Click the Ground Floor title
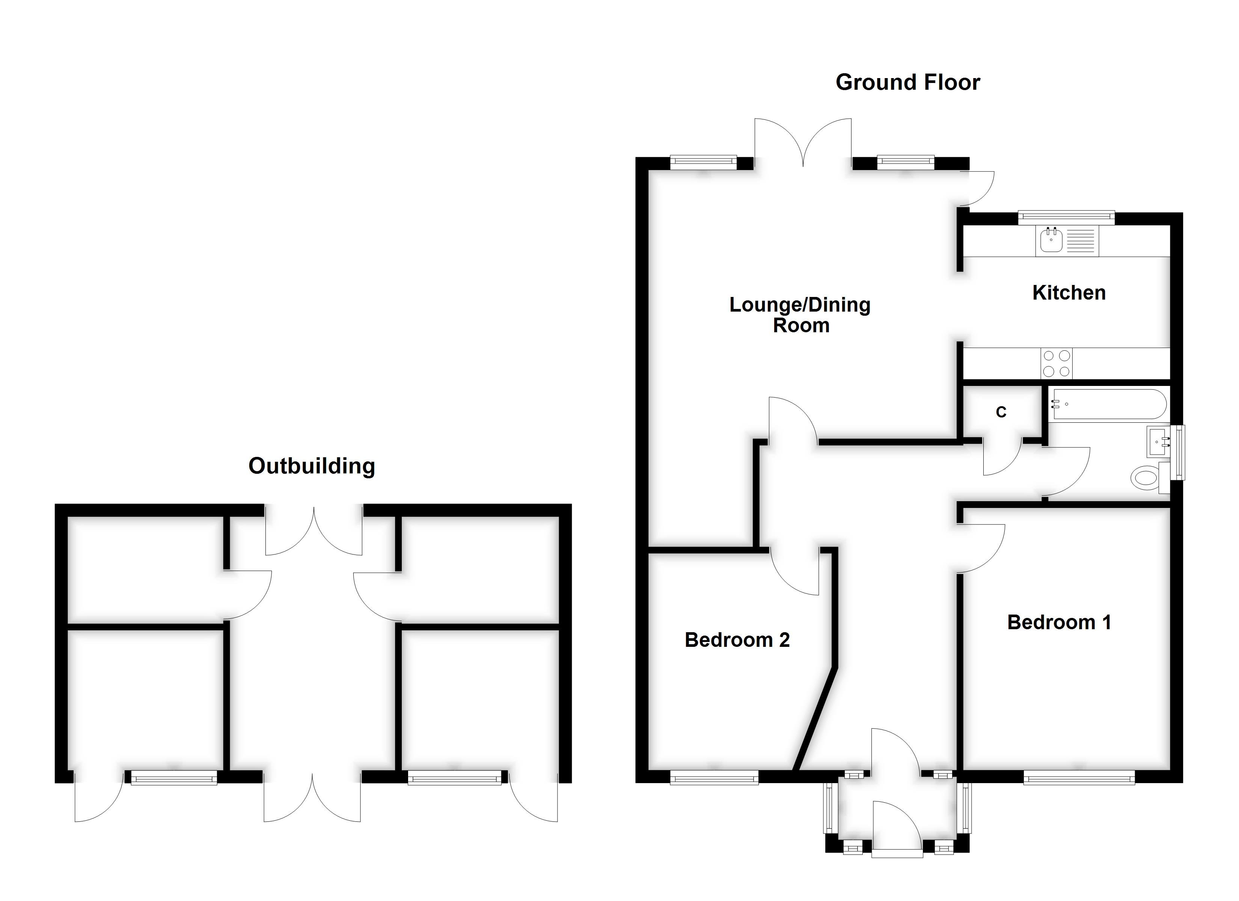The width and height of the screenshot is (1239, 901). pos(907,83)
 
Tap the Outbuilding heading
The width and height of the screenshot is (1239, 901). pos(311,466)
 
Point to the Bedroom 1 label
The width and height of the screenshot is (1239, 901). pos(1059,622)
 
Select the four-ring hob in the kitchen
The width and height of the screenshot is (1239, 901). pos(1056,364)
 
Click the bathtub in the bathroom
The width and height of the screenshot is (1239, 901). pos(1108,404)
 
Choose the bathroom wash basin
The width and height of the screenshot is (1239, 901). pos(1158,441)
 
